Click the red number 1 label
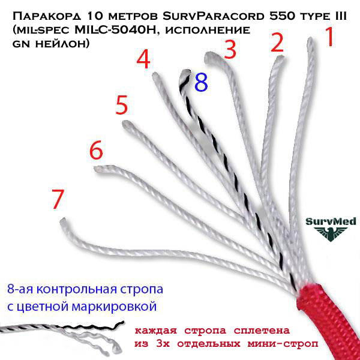[329, 37]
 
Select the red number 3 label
[230, 49]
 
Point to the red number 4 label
[143, 59]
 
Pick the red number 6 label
[96, 150]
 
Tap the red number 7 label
[58, 199]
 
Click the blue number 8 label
[201, 82]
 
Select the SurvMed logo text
[331, 221]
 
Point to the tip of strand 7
[62, 221]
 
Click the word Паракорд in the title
[47, 17]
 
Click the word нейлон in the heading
[62, 44]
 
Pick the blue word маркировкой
[114, 307]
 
